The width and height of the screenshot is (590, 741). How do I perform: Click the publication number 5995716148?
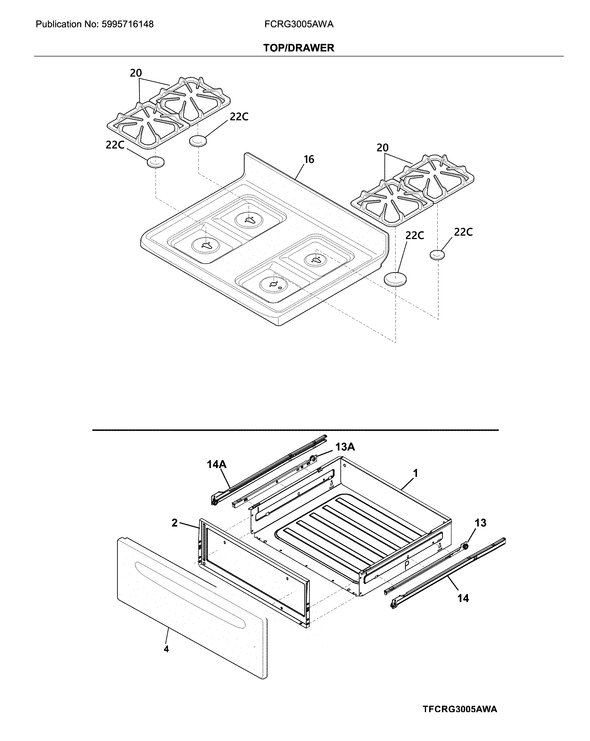pyautogui.click(x=128, y=24)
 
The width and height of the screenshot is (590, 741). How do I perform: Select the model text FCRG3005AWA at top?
pyautogui.click(x=299, y=24)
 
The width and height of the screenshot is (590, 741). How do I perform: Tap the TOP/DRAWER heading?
pyautogui.click(x=299, y=48)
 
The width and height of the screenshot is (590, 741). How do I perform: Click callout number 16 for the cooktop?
pyautogui.click(x=309, y=160)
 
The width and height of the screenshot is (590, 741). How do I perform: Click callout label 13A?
pyautogui.click(x=345, y=447)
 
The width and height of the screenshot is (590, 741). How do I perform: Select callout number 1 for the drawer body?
pyautogui.click(x=416, y=474)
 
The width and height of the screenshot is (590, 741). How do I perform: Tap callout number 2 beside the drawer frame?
pyautogui.click(x=174, y=523)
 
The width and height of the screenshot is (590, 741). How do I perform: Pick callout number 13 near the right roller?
pyautogui.click(x=480, y=523)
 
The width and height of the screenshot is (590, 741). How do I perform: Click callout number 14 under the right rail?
pyautogui.click(x=463, y=598)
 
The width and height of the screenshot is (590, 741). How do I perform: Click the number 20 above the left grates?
pyautogui.click(x=136, y=73)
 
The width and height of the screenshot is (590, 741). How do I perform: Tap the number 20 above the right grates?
pyautogui.click(x=382, y=148)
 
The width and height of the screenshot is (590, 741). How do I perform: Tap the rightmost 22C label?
pyautogui.click(x=463, y=232)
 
